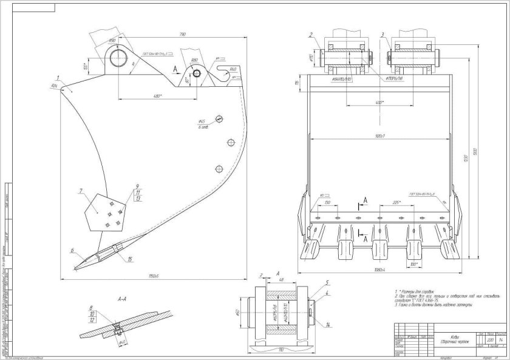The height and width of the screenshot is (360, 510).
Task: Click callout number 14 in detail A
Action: point(327,326)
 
